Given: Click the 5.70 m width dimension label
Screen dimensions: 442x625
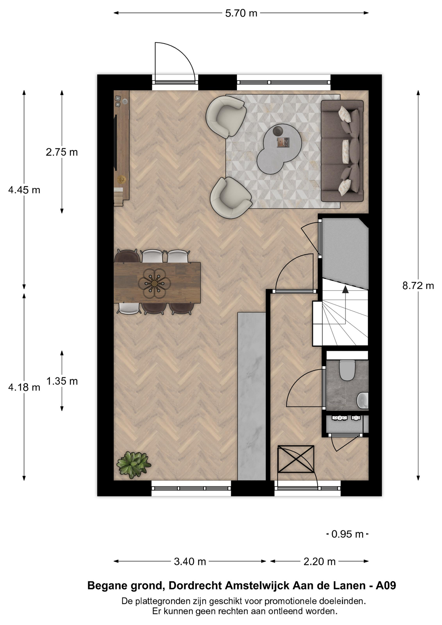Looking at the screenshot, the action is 241,13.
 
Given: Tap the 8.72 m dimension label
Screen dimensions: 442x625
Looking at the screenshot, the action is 418,285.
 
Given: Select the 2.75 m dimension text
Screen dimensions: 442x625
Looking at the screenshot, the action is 62,152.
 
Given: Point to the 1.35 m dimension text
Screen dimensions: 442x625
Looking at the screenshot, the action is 62,381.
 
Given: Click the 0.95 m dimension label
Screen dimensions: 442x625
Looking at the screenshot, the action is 347,534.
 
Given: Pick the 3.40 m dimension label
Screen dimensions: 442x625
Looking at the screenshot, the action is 190,562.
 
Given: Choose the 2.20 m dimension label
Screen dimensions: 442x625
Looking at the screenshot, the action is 319,562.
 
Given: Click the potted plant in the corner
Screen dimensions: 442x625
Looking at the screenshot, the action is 133,465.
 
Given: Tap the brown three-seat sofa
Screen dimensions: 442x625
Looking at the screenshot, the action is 342,151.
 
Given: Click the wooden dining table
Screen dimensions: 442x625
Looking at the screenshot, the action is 157,283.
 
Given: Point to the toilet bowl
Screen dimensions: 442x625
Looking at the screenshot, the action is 347,370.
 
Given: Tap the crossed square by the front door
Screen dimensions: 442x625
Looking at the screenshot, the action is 296,459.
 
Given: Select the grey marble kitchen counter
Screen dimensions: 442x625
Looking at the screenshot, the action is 252,396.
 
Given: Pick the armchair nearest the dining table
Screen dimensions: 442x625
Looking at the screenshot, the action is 231,198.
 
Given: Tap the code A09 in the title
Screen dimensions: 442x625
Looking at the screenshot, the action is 386,586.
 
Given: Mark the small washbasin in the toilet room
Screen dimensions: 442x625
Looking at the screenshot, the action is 363,400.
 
